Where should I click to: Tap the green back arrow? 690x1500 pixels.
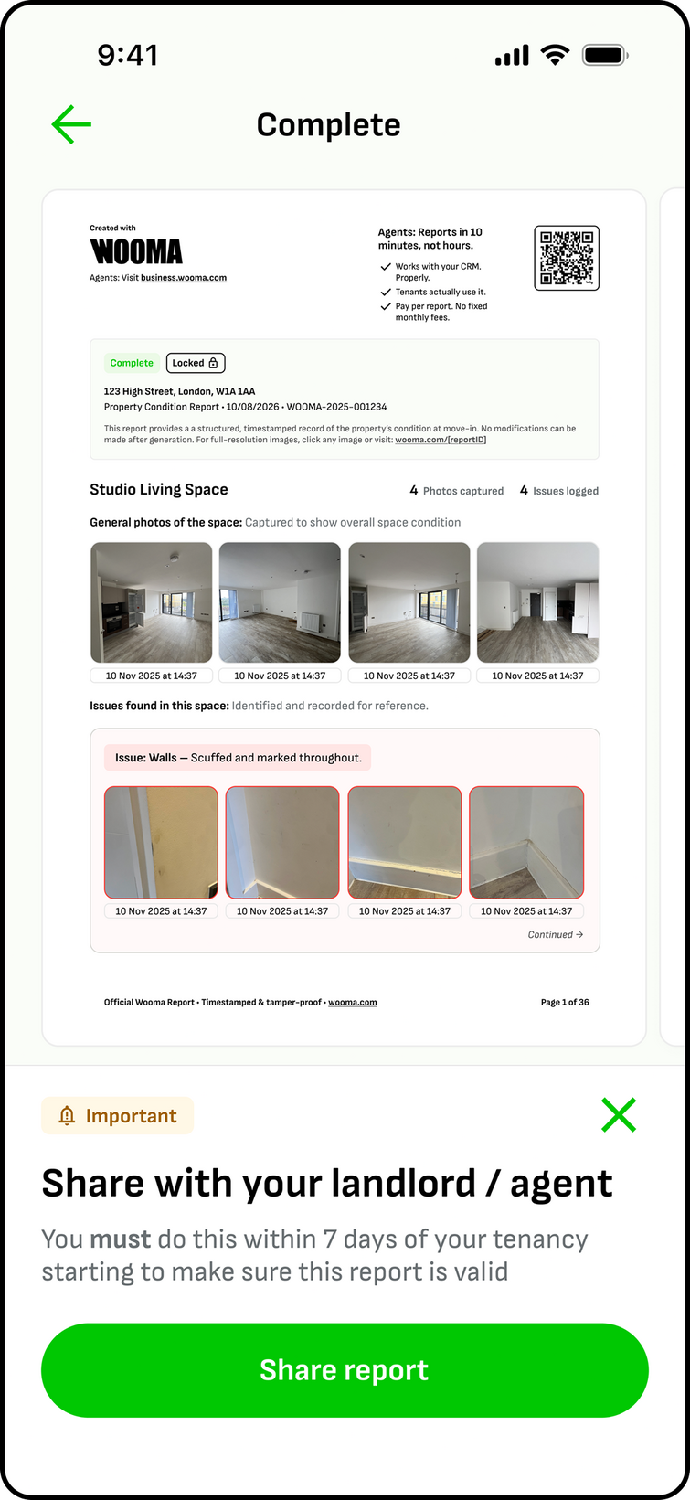tap(71, 125)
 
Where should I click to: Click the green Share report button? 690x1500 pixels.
tap(345, 1370)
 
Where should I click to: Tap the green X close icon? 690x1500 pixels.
tap(619, 1115)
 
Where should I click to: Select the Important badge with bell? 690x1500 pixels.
tap(118, 1116)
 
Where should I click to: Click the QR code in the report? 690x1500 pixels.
tap(567, 258)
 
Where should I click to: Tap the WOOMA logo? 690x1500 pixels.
tap(136, 251)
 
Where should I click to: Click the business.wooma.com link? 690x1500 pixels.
tap(184, 278)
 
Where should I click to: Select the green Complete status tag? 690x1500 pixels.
tap(132, 363)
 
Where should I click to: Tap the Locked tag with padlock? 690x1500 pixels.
tap(196, 363)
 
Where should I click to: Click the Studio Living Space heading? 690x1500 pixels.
tap(159, 490)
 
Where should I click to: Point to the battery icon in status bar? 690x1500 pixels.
tap(604, 56)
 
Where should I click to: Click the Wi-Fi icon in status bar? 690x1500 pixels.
tap(555, 55)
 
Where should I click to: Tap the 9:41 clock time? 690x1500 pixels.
tap(128, 56)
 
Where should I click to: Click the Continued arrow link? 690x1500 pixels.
tap(556, 934)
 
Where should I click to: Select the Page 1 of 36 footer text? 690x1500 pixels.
tap(565, 1003)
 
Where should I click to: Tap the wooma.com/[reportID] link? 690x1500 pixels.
tap(441, 440)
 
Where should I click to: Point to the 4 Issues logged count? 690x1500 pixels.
tap(559, 491)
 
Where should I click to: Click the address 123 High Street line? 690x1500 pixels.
tap(179, 391)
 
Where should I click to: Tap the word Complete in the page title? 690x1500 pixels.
tap(328, 125)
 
